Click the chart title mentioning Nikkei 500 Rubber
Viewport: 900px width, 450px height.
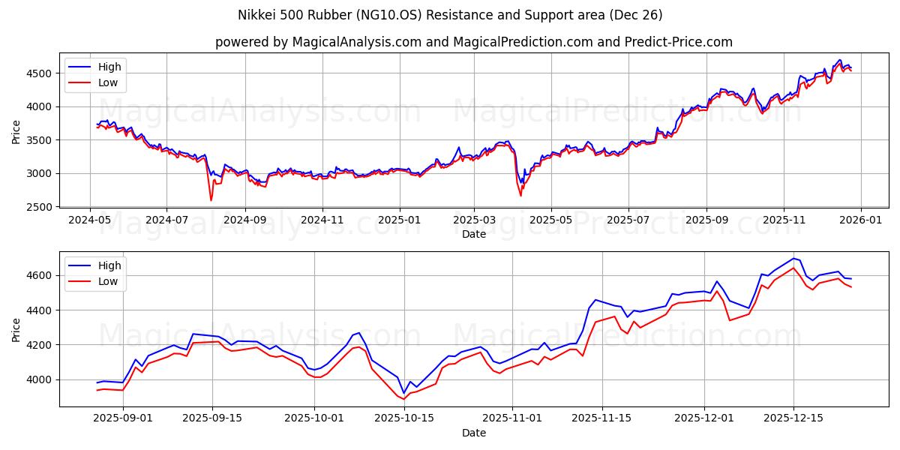[x=450, y=15]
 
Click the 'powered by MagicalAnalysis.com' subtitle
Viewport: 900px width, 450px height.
[x=473, y=42]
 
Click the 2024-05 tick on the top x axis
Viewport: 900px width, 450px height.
[x=90, y=220]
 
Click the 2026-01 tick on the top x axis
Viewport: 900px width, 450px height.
[x=860, y=220]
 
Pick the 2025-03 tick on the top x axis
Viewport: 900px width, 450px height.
[x=473, y=220]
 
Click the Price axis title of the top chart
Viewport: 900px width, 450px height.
[x=16, y=131]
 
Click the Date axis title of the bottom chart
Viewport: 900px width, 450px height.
[x=473, y=433]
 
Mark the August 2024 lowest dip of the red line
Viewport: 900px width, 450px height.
[x=211, y=200]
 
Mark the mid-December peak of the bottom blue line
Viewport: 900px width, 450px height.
[x=793, y=258]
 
